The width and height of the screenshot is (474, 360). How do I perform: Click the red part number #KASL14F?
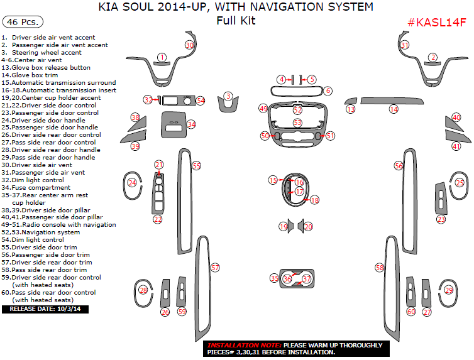click(437, 23)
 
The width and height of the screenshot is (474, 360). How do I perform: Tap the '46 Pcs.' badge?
click(23, 21)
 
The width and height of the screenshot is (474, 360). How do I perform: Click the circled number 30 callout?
click(189, 45)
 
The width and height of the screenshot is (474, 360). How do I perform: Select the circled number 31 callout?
click(405, 45)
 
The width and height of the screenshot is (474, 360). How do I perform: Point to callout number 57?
click(215, 268)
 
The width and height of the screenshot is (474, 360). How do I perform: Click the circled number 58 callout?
click(380, 268)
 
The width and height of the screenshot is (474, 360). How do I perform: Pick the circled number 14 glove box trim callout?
click(394, 109)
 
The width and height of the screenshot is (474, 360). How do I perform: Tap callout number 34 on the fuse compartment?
click(190, 124)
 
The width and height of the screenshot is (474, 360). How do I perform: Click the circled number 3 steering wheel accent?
click(228, 96)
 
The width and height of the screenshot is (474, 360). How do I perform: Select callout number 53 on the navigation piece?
click(297, 123)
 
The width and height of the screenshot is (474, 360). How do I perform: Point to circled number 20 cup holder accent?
click(308, 226)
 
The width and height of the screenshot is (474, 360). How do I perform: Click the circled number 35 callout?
click(274, 278)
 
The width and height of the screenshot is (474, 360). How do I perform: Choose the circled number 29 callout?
click(448, 290)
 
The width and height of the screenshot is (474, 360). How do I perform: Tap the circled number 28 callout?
click(143, 290)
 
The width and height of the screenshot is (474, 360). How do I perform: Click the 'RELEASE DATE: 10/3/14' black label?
click(45, 309)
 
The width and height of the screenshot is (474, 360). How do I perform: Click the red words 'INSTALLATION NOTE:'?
click(244, 346)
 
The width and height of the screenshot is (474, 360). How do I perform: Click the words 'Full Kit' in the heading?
click(236, 20)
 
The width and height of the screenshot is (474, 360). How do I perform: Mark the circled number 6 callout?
click(328, 91)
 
